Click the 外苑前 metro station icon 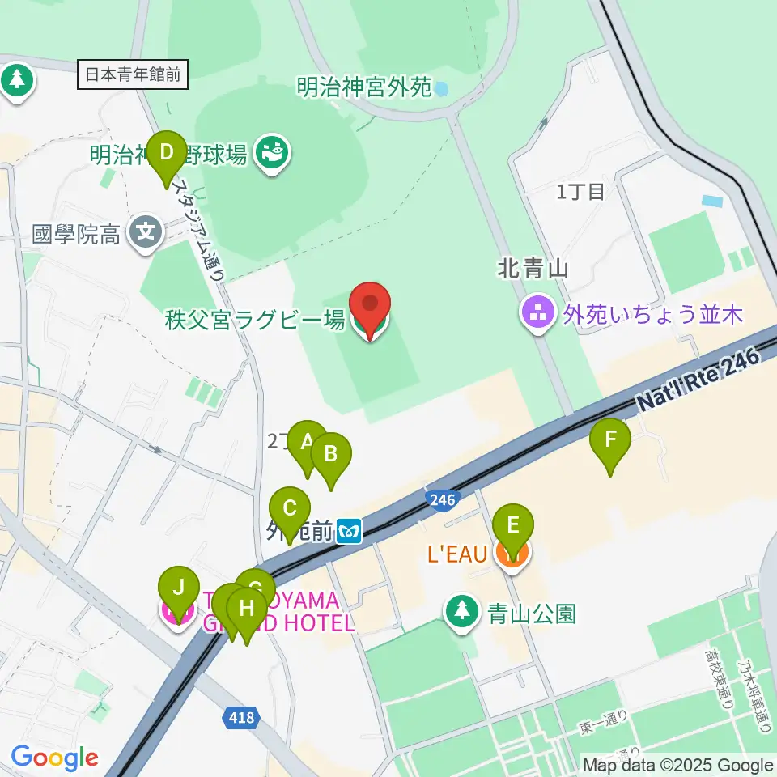tap(350, 531)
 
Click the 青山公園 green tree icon tap(462, 612)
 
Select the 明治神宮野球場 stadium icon tap(270, 153)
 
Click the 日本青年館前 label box tap(134, 75)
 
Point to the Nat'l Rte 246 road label tap(700, 379)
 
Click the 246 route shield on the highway tap(441, 499)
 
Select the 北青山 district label tap(533, 270)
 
